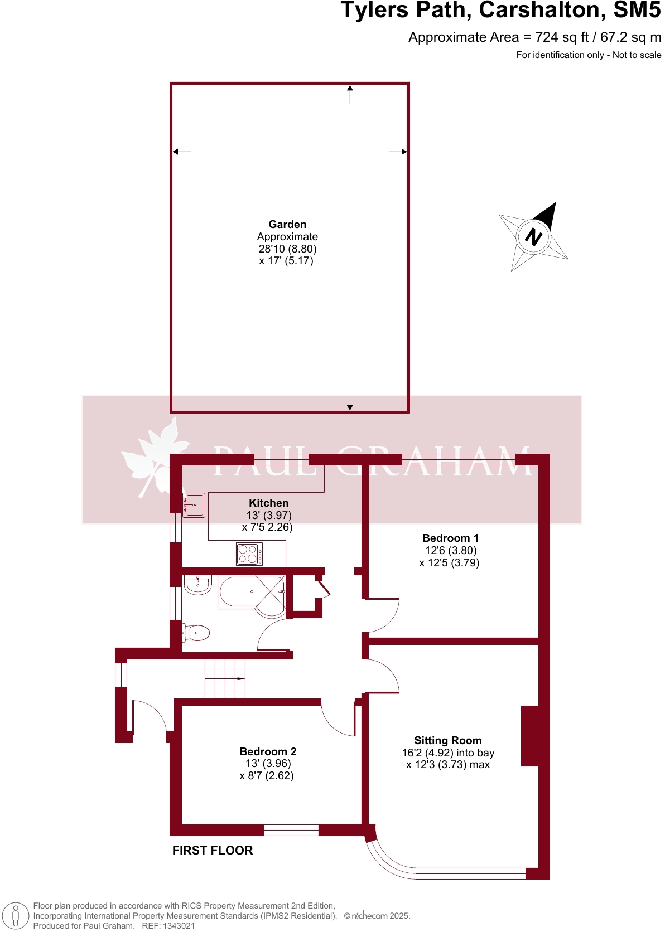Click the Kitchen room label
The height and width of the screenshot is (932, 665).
(268, 503)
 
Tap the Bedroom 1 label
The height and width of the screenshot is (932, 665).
(450, 538)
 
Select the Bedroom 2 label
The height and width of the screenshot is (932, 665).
(268, 751)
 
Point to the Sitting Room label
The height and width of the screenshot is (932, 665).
(447, 740)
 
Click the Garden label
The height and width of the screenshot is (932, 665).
(287, 224)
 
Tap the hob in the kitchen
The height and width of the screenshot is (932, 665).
(249, 554)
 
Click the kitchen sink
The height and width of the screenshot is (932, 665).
(194, 505)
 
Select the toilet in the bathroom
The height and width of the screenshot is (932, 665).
(196, 633)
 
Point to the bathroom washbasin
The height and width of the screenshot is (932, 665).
(197, 585)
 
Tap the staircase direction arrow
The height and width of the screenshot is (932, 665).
(240, 678)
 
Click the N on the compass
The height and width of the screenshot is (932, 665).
(533, 237)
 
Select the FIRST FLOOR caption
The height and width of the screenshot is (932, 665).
(213, 850)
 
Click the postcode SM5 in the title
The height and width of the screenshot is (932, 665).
(637, 11)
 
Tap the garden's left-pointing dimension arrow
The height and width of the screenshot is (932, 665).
(181, 152)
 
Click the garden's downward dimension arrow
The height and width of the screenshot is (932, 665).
(350, 401)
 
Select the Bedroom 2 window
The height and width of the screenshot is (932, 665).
(291, 830)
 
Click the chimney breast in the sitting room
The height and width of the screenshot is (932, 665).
(529, 736)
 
